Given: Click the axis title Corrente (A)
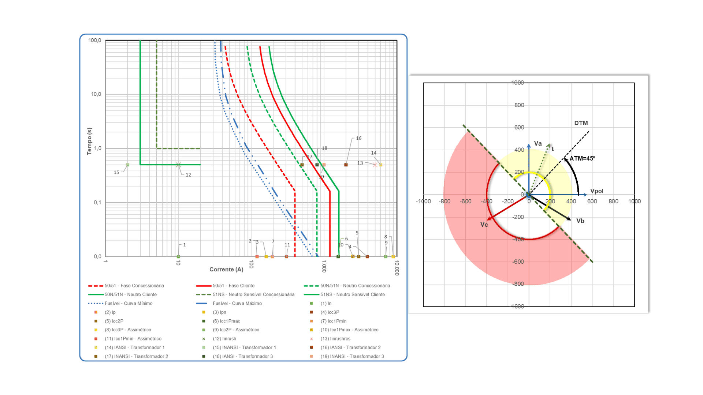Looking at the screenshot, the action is pos(226,270).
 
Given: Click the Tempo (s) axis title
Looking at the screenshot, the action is pos(89,141).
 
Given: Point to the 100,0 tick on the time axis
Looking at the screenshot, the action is pos(95,40).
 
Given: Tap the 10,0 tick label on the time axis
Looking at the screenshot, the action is pos(96,94).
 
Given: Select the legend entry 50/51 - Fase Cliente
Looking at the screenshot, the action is pos(234,286).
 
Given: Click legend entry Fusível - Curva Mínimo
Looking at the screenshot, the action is pos(129,303).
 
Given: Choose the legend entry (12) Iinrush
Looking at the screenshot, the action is pos(224,339).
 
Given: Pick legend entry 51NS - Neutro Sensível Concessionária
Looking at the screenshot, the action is pos(253,294).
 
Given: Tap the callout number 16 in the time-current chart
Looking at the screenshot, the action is pos(358,138).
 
